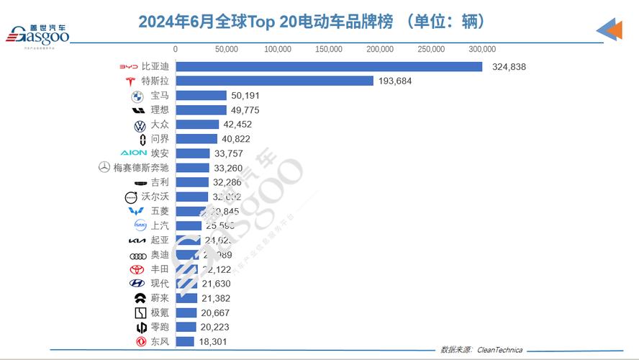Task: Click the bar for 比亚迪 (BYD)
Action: coord(329,66)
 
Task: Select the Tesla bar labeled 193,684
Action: coord(274,81)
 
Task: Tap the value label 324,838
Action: coord(509,67)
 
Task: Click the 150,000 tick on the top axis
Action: coord(329,50)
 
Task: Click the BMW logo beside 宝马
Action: coord(137,96)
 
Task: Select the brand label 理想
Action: coord(159,110)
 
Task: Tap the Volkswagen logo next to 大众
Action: coord(140,125)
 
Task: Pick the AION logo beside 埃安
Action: coord(133,153)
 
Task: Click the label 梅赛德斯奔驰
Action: coord(141,168)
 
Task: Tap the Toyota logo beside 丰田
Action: coord(137,269)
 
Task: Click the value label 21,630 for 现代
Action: coord(217,284)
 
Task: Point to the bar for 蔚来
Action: coord(186,298)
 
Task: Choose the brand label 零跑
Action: coord(159,327)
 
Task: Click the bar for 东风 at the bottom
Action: coord(185,341)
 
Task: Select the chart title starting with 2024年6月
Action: coord(312,22)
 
